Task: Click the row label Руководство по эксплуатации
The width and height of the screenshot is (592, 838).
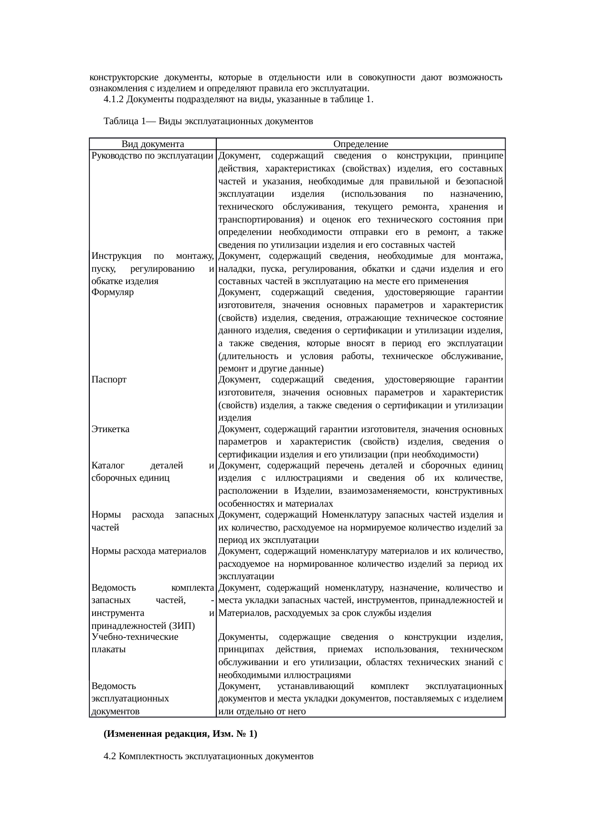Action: click(152, 156)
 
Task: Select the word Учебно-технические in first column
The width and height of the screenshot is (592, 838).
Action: click(135, 637)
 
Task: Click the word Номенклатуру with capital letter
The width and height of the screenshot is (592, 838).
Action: click(352, 515)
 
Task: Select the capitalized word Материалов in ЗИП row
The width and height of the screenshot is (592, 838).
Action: click(242, 613)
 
